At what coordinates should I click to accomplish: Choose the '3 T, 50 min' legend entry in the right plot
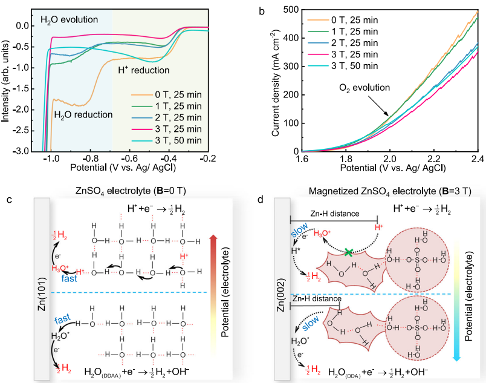point(354,65)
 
